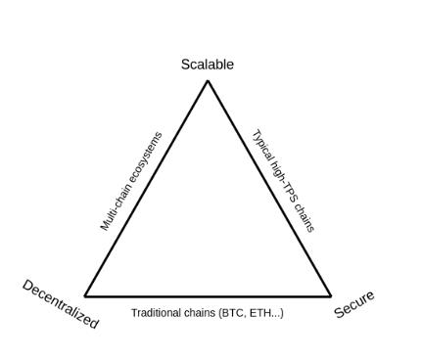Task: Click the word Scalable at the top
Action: pos(207,65)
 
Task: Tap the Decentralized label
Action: pos(60,304)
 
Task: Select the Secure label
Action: pos(353,304)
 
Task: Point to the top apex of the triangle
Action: pos(208,81)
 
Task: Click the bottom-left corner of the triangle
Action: pos(85,295)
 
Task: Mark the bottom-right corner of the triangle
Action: pos(330,295)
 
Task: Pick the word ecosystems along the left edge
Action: pos(142,156)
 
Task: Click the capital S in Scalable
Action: pos(185,65)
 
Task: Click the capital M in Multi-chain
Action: pos(105,225)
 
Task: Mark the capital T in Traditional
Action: pos(134,313)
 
